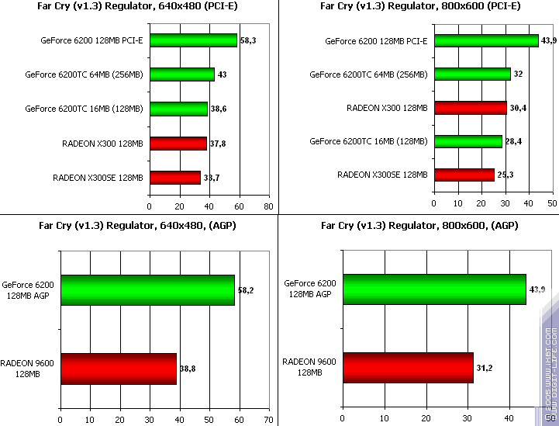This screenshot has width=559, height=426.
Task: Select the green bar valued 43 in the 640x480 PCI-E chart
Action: click(x=182, y=74)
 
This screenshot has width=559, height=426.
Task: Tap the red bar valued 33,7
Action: click(x=175, y=178)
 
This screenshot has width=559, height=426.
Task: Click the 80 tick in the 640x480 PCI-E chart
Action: click(x=268, y=206)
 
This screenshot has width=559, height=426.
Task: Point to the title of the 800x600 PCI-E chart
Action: click(x=419, y=6)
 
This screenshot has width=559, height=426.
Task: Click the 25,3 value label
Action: click(x=506, y=175)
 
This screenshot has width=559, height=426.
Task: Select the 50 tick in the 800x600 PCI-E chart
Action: click(x=552, y=203)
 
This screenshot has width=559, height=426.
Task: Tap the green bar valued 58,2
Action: click(x=147, y=290)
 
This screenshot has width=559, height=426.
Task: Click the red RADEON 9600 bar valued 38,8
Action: click(x=119, y=368)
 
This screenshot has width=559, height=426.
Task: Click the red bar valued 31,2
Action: click(x=408, y=368)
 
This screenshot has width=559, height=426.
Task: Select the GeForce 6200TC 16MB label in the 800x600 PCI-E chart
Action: click(x=368, y=141)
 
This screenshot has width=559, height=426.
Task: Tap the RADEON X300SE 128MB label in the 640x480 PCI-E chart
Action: click(x=98, y=178)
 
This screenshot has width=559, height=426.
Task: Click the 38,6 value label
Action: click(x=220, y=109)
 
